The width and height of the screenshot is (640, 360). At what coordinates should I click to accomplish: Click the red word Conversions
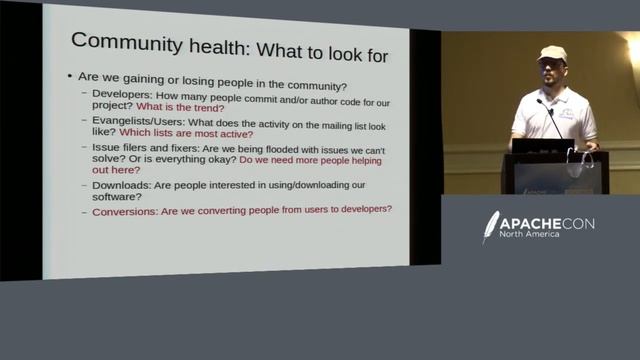(x=129, y=209)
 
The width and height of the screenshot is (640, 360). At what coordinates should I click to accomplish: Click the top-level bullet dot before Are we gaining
(x=68, y=77)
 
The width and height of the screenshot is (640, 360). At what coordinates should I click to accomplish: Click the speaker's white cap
(x=551, y=53)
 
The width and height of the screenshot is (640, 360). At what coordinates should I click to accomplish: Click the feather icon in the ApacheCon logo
(x=490, y=226)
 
